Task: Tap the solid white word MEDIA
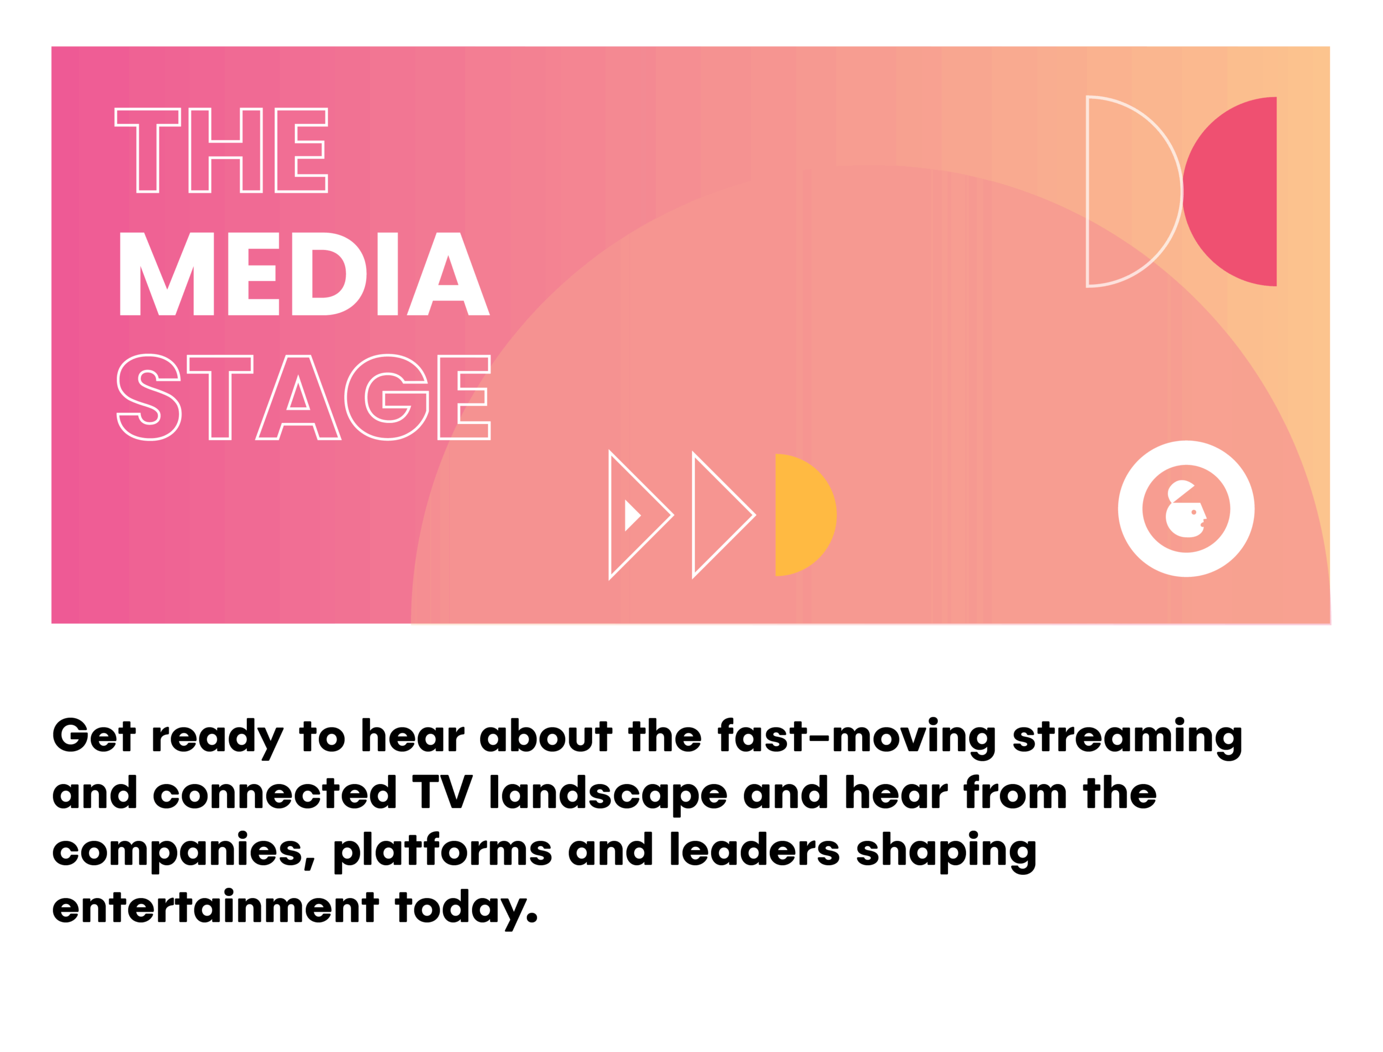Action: pos(304,274)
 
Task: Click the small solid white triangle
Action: pos(632,515)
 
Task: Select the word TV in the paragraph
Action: pos(442,793)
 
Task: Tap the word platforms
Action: pos(442,851)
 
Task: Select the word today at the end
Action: pos(466,910)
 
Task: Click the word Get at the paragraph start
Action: pos(94,735)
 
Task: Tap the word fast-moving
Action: pos(857,738)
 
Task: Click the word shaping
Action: pos(946,852)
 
